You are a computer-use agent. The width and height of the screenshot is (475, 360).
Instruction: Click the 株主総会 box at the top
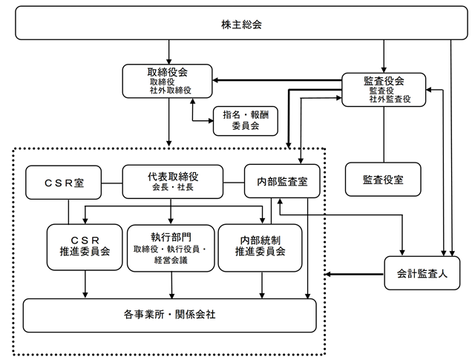(x=241, y=23)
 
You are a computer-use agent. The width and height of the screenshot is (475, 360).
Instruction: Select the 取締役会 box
(x=167, y=81)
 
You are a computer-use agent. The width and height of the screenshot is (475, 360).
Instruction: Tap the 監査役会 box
(x=384, y=90)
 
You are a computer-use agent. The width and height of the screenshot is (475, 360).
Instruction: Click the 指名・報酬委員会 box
(x=246, y=120)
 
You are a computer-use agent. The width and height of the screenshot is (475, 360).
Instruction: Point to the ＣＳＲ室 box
(x=64, y=183)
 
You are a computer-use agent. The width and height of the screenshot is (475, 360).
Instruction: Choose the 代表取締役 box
(x=173, y=182)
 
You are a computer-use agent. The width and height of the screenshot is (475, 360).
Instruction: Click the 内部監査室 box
(x=282, y=181)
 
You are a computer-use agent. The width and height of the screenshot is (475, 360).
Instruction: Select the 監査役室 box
(x=383, y=180)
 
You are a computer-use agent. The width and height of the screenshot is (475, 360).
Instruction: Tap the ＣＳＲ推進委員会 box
(x=85, y=247)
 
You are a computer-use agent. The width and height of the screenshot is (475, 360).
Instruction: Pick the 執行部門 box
(x=171, y=248)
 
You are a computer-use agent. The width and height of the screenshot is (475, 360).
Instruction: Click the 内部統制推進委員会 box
(x=261, y=248)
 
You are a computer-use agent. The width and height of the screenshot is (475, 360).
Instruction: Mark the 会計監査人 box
(x=422, y=273)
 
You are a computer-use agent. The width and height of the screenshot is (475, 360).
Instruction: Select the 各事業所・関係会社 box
(x=170, y=315)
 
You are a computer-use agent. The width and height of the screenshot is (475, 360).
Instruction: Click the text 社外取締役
(x=171, y=91)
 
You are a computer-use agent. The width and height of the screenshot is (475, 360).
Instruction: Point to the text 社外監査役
(x=390, y=99)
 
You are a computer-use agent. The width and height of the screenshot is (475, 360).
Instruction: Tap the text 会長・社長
(x=173, y=187)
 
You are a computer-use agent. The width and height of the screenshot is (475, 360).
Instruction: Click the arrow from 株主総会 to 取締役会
(x=169, y=52)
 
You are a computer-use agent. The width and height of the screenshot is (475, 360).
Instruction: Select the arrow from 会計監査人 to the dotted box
(x=355, y=275)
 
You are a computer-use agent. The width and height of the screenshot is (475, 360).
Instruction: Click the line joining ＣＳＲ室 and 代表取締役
(x=112, y=183)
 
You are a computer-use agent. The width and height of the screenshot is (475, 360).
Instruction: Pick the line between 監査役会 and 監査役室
(x=384, y=134)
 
